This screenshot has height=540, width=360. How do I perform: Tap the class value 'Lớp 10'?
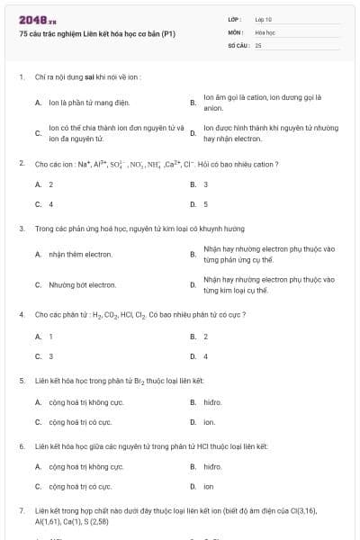click(264, 18)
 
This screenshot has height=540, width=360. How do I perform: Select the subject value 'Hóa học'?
click(265, 31)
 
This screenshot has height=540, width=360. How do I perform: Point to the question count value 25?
click(258, 43)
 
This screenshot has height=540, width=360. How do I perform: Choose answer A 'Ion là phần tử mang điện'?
click(81, 103)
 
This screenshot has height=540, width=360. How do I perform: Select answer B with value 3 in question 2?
click(206, 184)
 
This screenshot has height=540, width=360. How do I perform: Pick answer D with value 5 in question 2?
click(206, 204)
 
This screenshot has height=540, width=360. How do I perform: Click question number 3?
click(21, 229)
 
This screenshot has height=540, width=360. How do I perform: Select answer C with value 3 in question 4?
click(51, 356)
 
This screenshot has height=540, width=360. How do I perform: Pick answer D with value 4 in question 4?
click(206, 356)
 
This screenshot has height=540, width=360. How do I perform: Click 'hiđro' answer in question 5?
click(212, 402)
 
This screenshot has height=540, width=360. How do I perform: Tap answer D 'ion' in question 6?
click(208, 487)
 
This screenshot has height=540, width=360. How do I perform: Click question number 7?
click(21, 510)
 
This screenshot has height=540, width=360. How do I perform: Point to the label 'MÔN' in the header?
click(235, 31)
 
